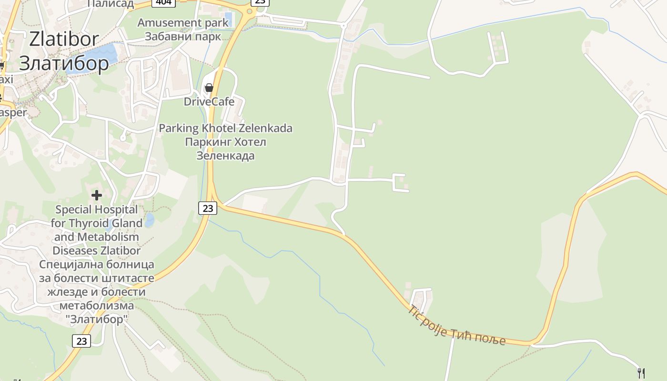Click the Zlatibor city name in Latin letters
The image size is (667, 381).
64,39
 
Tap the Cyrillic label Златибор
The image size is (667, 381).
64,63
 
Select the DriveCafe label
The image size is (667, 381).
209,101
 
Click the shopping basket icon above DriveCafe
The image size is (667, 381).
209,88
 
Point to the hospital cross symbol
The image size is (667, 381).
97,195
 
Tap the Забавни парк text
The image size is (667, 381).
183,36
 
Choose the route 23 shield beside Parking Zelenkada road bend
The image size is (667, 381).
208,208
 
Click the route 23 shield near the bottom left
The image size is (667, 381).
81,341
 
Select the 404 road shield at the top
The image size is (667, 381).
163,2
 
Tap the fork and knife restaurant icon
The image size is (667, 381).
641,373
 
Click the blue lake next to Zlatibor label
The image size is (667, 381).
106,53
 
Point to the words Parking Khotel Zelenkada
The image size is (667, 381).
225,128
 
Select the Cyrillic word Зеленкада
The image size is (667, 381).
225,156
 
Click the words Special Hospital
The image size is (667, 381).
90,210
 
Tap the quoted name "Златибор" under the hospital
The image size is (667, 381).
97,319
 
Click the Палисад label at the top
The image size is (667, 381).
111,4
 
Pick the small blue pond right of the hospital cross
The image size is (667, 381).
150,220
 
